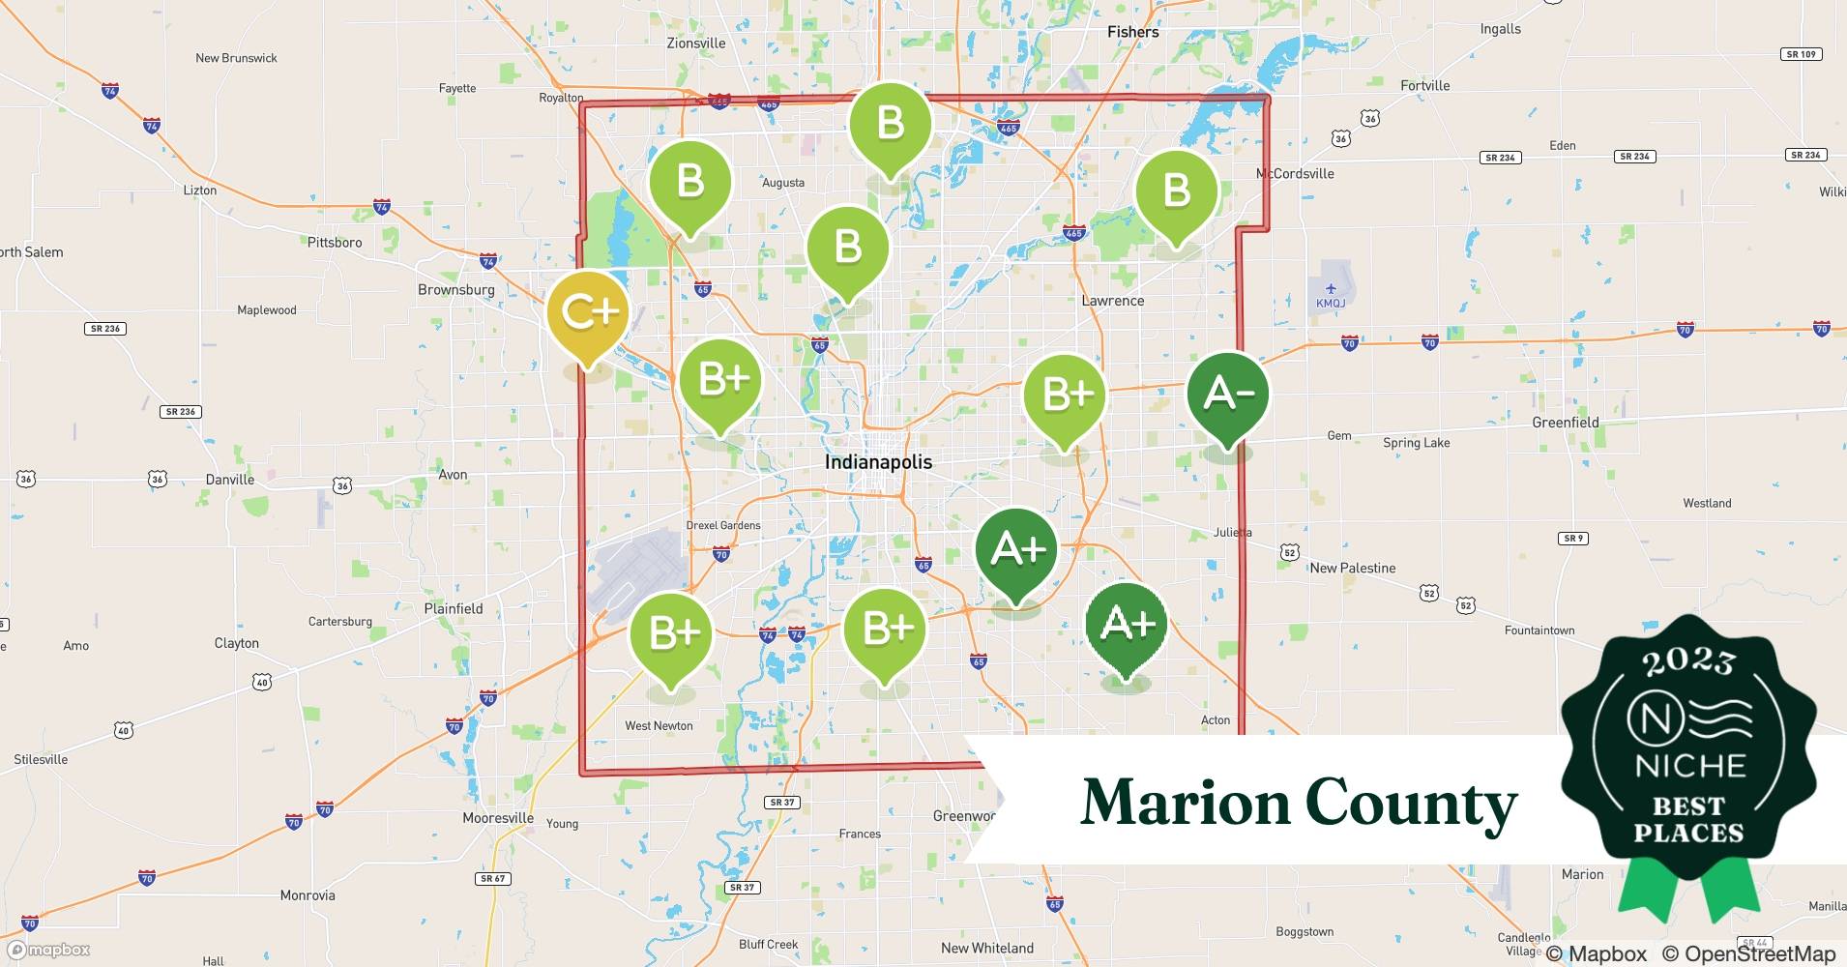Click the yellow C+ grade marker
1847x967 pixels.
click(x=588, y=312)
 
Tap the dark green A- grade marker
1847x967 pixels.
click(x=1227, y=394)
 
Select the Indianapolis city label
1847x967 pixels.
click(x=878, y=462)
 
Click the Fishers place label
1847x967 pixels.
click(x=1132, y=32)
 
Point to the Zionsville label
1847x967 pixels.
click(x=696, y=43)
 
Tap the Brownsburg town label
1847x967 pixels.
click(x=455, y=289)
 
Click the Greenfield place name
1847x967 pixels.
click(x=1566, y=423)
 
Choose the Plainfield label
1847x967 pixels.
click(x=454, y=608)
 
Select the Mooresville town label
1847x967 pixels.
click(x=498, y=818)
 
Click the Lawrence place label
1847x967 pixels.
click(x=1112, y=301)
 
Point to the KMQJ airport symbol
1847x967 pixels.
click(x=1331, y=288)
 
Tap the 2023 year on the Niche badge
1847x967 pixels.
click(x=1688, y=662)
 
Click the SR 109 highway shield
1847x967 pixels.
click(x=1801, y=54)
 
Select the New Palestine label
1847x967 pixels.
click(x=1352, y=568)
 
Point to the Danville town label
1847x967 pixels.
click(x=230, y=480)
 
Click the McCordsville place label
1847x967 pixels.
click(x=1294, y=174)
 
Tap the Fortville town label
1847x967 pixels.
click(x=1424, y=86)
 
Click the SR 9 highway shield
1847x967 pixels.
click(x=1573, y=538)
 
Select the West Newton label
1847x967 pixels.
click(x=659, y=726)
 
